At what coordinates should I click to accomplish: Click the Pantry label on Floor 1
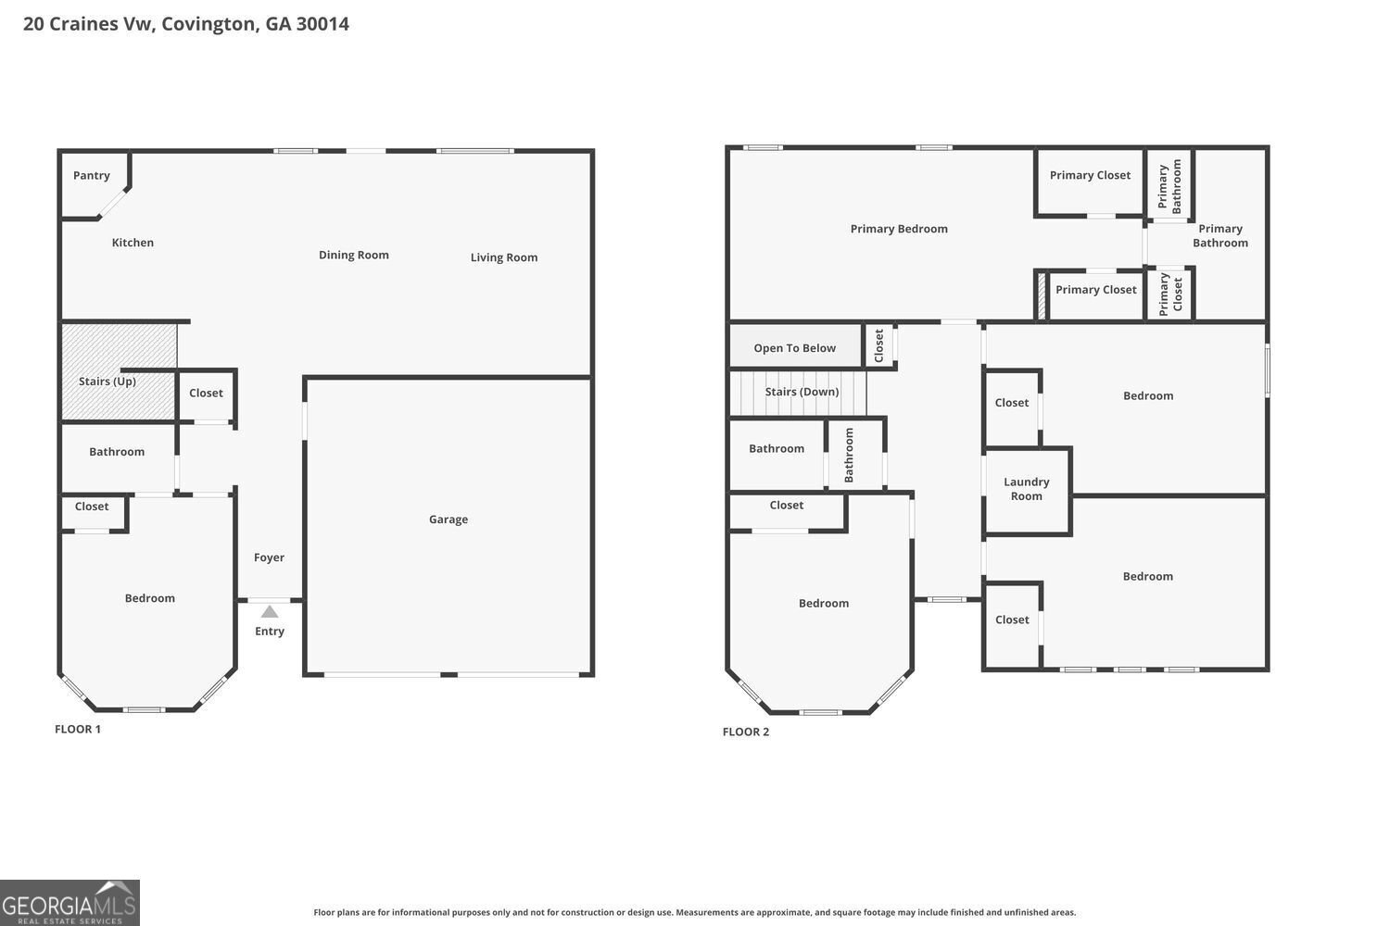(x=92, y=176)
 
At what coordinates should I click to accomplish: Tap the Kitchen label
(x=133, y=243)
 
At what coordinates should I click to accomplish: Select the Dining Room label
(x=354, y=256)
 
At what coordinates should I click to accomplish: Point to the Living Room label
(x=503, y=257)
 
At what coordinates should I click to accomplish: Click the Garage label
(x=449, y=519)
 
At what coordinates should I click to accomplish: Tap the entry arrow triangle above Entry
(x=270, y=612)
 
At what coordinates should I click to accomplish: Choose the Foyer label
(x=269, y=557)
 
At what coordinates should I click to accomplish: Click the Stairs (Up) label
(x=107, y=382)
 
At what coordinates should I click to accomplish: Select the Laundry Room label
(x=1027, y=489)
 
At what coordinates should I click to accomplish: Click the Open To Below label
(x=794, y=348)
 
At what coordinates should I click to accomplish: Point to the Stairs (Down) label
(x=802, y=392)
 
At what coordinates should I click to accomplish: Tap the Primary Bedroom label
(x=899, y=229)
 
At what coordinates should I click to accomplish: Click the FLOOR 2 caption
(x=746, y=732)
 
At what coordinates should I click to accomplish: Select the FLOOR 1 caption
(x=78, y=729)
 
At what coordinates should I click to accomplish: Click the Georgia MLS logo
(x=69, y=903)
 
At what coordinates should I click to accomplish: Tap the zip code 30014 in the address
(x=322, y=24)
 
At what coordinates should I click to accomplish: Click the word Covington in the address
(x=208, y=24)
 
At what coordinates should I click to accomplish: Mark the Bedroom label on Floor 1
(x=150, y=598)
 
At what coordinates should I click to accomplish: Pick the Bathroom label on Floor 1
(x=117, y=452)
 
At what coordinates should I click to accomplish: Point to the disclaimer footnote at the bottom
(x=695, y=912)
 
